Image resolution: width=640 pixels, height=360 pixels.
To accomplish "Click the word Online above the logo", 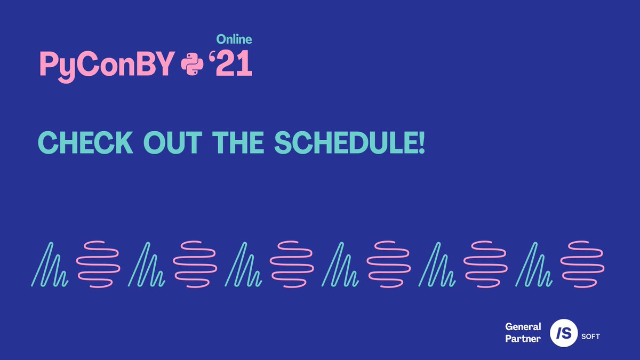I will [x=234, y=39].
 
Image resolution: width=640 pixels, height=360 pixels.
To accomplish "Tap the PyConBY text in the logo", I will [x=107, y=65].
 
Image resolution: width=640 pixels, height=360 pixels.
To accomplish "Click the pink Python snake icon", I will [x=193, y=65].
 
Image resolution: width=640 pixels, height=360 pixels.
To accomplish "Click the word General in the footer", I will [x=523, y=326].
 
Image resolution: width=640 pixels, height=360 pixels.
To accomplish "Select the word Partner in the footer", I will [x=523, y=338].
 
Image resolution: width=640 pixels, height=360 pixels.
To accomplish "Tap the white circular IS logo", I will [x=564, y=333].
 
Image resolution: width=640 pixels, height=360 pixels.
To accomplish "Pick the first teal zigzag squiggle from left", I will [x=49, y=265].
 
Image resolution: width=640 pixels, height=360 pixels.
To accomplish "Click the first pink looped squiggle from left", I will [x=98, y=265].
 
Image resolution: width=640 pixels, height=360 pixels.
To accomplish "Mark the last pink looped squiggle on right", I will [x=585, y=265].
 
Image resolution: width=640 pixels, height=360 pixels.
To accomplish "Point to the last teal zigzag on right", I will [x=535, y=265].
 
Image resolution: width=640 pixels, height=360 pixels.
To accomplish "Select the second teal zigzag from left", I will [x=147, y=265].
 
